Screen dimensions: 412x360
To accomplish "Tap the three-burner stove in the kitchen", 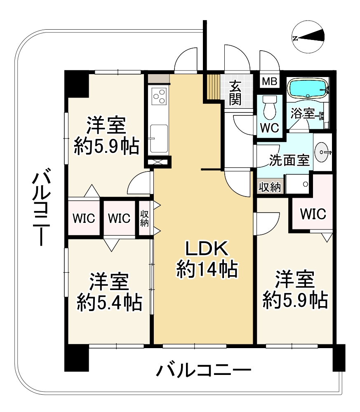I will pyautogui.click(x=159, y=98).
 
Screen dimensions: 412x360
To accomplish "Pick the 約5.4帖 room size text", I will pyautogui.click(x=109, y=303).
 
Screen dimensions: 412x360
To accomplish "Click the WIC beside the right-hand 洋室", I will pyautogui.click(x=313, y=214).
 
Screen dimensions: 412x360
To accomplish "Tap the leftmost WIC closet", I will pyautogui.click(x=84, y=218).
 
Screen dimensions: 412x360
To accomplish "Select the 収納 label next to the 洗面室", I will pyautogui.click(x=270, y=187).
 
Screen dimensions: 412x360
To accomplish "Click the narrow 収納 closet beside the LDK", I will pyautogui.click(x=144, y=218).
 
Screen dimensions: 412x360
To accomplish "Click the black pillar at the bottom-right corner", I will pyautogui.click(x=339, y=357).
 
